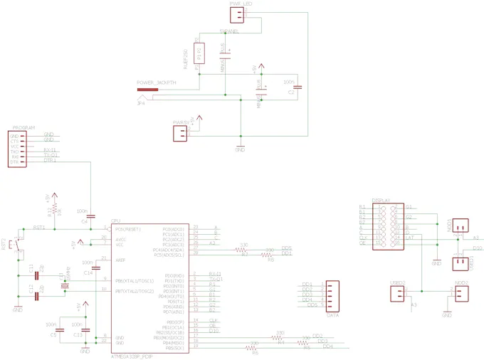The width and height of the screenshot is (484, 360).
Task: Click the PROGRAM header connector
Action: coord(15,148)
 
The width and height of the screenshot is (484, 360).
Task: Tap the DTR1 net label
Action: coord(50,161)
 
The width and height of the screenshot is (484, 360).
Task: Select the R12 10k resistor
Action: coord(57,212)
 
